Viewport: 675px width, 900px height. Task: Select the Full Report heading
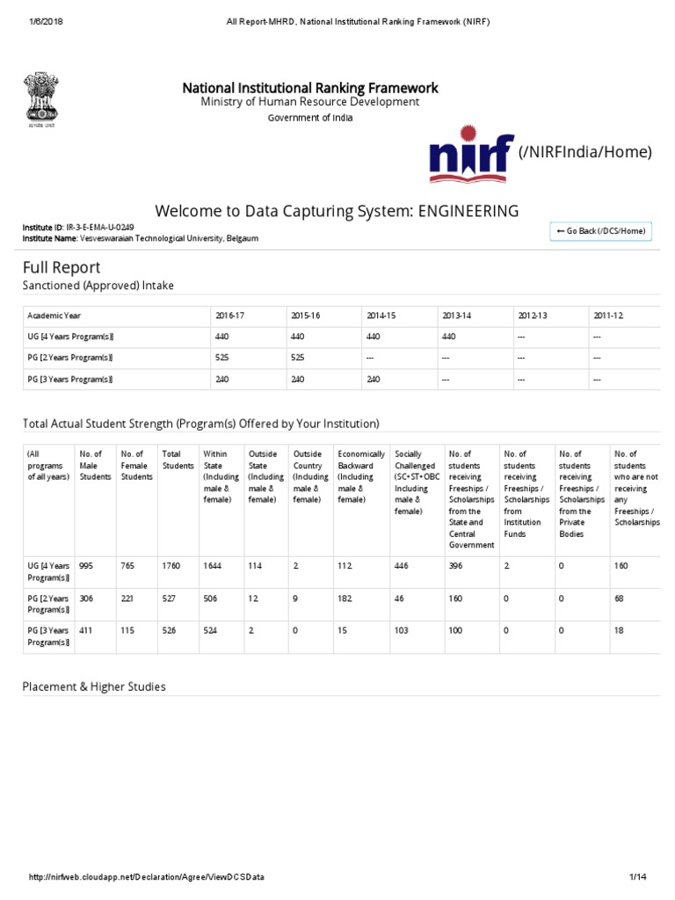[62, 267]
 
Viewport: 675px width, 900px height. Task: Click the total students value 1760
[171, 566]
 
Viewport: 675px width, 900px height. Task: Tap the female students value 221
[129, 599]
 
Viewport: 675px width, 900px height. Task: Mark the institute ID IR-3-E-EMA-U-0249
[102, 228]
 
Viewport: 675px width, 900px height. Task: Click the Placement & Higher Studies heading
[94, 686]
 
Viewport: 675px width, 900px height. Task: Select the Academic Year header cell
[54, 316]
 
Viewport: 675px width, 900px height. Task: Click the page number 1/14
[637, 878]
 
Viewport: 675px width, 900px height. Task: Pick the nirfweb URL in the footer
[146, 878]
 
